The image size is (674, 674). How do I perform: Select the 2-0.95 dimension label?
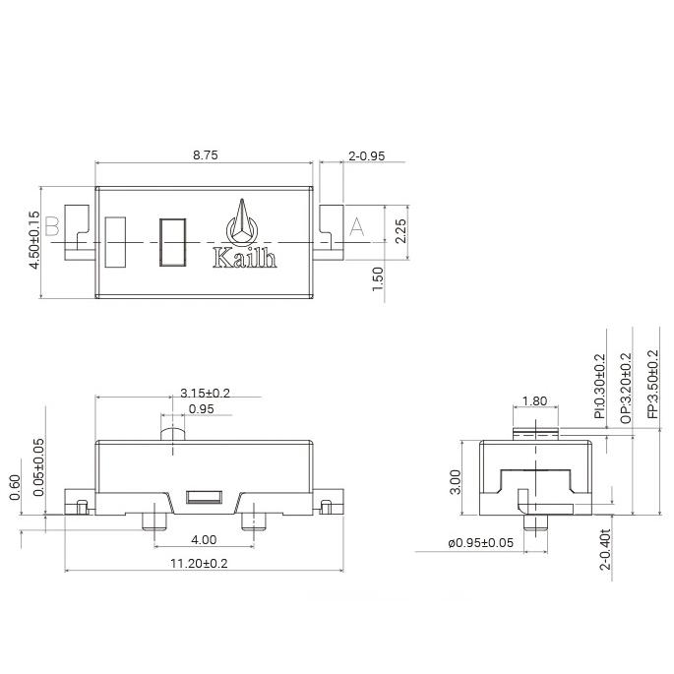click(366, 155)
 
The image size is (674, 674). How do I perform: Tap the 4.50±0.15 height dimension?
click(35, 241)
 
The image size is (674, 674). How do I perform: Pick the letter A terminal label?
click(356, 227)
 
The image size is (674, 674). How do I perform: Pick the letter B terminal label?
click(53, 227)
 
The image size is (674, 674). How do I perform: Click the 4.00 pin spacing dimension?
click(204, 540)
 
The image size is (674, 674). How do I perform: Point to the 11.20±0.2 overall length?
click(199, 564)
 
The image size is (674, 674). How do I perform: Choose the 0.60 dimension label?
click(15, 487)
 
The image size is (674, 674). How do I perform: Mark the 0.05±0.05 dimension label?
click(38, 466)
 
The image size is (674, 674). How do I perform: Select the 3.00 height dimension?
click(456, 481)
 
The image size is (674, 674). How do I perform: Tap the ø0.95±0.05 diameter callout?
click(479, 544)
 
